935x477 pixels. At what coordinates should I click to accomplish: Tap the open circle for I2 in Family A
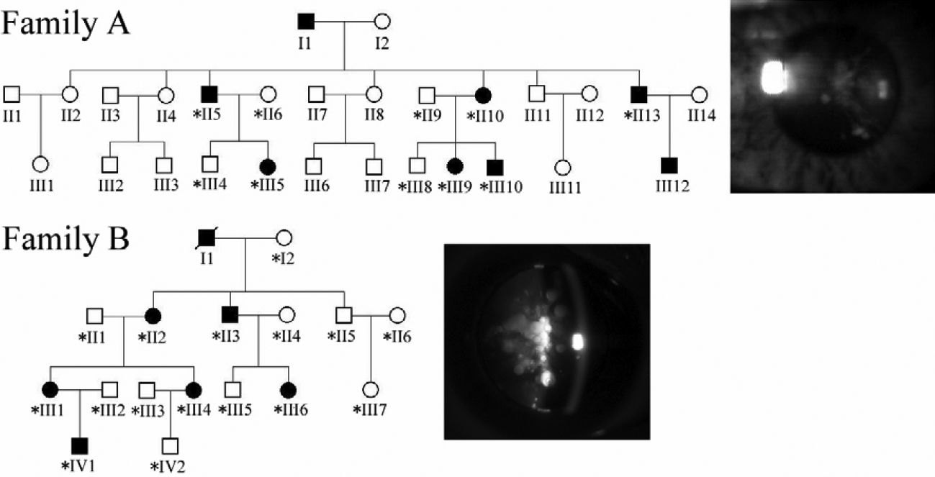pos(382,22)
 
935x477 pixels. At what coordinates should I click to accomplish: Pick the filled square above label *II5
pos(209,94)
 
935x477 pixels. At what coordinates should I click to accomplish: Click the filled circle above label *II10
pos(484,94)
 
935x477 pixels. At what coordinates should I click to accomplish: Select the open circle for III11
pos(564,167)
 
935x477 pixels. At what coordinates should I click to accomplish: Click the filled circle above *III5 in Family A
pos(267,166)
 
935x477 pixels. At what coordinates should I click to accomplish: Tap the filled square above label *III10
pos(493,166)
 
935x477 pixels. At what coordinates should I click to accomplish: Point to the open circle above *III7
pos(371,390)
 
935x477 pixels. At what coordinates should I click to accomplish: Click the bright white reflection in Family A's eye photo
pos(772,77)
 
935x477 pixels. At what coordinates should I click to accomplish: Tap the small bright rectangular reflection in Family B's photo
pos(576,342)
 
